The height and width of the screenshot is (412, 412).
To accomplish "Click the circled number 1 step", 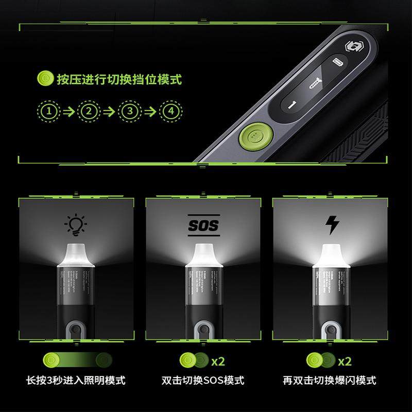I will (x=47, y=111).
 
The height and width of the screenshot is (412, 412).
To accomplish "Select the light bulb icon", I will (x=76, y=225).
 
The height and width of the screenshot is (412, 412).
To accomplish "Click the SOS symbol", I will (x=203, y=226).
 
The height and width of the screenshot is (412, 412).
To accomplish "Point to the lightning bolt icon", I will (x=333, y=225).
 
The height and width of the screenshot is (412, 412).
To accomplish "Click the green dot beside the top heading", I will (x=45, y=79).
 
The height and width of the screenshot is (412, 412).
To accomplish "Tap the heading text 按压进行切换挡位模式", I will (x=119, y=80).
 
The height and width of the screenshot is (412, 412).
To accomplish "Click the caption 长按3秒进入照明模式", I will (x=75, y=381).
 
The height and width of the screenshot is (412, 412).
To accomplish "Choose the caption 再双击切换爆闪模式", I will (x=329, y=381).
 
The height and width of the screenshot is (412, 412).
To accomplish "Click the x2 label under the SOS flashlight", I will (x=218, y=361).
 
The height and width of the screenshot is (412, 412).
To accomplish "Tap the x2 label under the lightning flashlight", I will (x=345, y=360).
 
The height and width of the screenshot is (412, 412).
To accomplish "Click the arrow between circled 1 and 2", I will (x=68, y=111).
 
